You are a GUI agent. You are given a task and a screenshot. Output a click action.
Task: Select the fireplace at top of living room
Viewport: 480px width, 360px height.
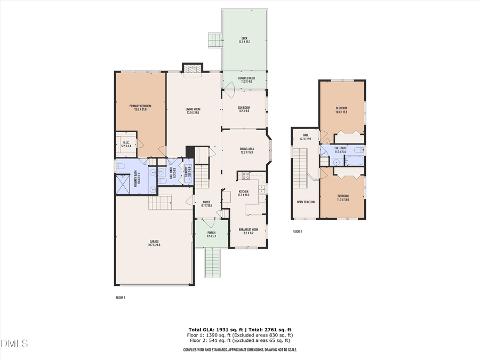pos(193,68)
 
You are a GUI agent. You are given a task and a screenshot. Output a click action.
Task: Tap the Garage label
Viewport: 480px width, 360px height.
pos(153,243)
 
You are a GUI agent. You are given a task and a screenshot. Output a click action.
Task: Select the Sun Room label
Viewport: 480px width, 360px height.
pos(244,108)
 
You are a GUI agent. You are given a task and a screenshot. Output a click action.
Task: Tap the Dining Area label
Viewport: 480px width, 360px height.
pos(246,149)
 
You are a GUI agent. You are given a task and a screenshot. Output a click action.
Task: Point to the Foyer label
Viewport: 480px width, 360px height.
pos(206,202)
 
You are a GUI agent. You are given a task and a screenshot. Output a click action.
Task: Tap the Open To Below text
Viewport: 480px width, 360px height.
pos(306,202)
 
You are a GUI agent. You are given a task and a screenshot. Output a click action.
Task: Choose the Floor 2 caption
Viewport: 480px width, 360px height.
pos(297,231)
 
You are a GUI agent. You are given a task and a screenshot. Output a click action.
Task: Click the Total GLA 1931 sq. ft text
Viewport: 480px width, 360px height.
pos(219,330)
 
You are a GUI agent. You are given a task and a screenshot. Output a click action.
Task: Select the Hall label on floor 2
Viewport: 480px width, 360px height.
pos(306,135)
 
